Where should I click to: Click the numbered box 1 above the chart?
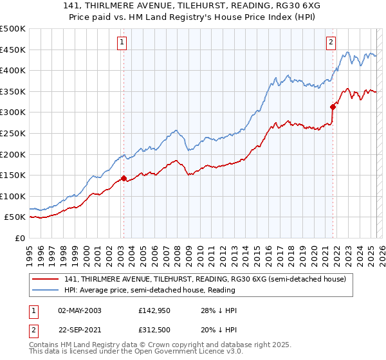coord(122,43)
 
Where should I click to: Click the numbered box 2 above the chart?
coord(331,43)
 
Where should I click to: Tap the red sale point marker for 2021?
coord(333,107)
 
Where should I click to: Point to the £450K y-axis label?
coord(14,50)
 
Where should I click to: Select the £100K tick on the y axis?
coord(14,196)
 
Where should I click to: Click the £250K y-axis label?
coord(14,133)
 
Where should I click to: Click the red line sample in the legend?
coord(46,279)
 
